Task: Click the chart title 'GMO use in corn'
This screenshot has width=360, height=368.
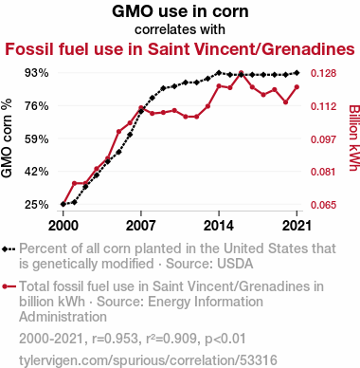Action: point(180,11)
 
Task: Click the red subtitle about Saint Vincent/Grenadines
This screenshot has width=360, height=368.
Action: point(180,49)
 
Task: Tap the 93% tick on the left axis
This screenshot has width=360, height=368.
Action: point(37,73)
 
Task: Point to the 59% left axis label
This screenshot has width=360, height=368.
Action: point(37,138)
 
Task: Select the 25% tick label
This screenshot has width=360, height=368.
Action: point(37,205)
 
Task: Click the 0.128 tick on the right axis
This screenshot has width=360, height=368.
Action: point(323,73)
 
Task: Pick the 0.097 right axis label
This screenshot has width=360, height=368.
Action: point(323,138)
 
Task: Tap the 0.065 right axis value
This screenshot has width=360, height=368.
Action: point(323,205)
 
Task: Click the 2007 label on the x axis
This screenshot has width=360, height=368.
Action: point(141,226)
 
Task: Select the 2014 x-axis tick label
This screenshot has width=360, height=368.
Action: point(219,226)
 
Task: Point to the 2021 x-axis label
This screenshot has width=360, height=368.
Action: point(297,226)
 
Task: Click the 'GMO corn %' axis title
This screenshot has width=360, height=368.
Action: point(7,138)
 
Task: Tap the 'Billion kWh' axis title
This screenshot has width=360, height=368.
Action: point(354,138)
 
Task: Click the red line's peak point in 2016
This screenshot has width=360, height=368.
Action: point(241,73)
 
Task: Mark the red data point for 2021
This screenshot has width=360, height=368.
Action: point(297,87)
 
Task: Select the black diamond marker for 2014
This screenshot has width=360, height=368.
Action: point(219,73)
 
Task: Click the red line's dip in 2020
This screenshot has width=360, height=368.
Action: point(285,102)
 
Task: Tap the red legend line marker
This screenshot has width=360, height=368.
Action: point(9,286)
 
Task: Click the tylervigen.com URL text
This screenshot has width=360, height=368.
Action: point(148,360)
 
